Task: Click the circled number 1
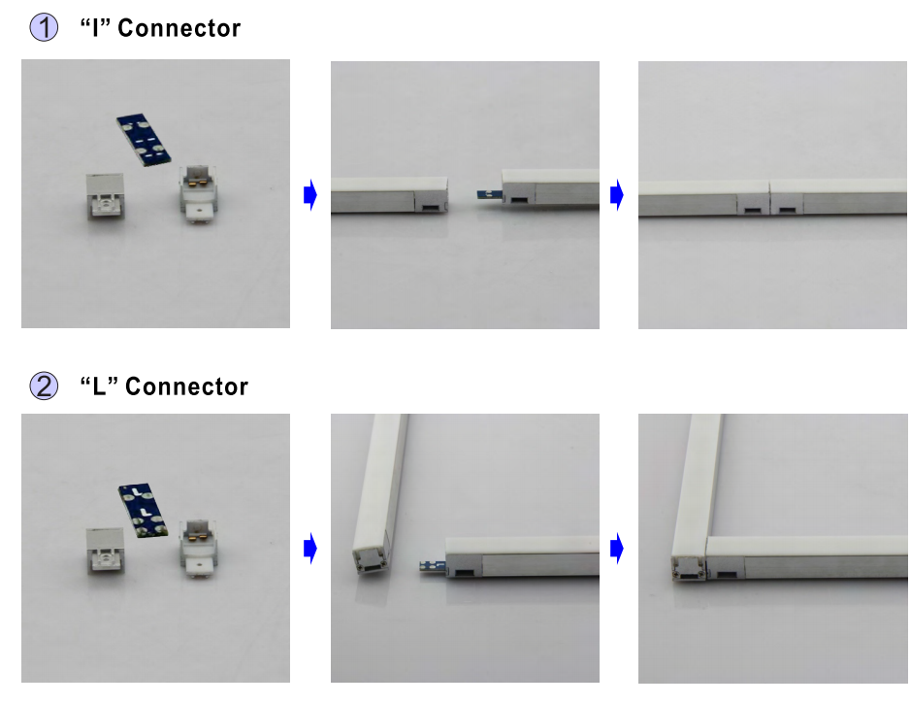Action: coord(44,27)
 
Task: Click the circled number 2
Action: coord(44,386)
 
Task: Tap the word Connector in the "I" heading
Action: coord(179,28)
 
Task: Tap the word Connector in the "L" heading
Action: coord(186,386)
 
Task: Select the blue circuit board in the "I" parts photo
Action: coord(144,140)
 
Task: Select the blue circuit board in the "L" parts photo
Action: coord(144,510)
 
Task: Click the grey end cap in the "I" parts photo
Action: coord(105,196)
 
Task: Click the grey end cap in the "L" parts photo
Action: coord(105,551)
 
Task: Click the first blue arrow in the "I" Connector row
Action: coord(310,195)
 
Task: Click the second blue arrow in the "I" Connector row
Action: coord(617,195)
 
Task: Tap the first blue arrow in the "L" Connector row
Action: coord(310,548)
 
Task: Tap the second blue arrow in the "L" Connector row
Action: coord(617,548)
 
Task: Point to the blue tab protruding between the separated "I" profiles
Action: coord(490,194)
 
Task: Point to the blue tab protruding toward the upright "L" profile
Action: coord(433,566)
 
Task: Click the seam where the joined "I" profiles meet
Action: coord(769,198)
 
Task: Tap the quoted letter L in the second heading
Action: coord(99,386)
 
